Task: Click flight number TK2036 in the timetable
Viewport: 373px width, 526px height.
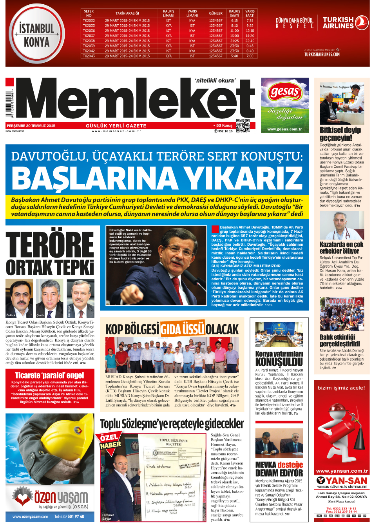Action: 89,31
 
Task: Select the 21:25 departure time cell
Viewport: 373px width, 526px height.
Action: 234,41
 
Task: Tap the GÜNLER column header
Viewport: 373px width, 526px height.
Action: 215,13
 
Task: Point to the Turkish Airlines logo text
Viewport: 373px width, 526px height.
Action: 338,23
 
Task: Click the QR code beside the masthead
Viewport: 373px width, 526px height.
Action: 243,125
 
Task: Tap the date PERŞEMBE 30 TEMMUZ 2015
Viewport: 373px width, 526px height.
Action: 31,126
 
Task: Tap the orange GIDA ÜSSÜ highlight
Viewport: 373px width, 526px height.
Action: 183,329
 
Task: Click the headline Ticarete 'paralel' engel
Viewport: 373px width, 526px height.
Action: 49,375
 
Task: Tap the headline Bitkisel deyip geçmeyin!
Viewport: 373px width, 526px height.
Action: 340,134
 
